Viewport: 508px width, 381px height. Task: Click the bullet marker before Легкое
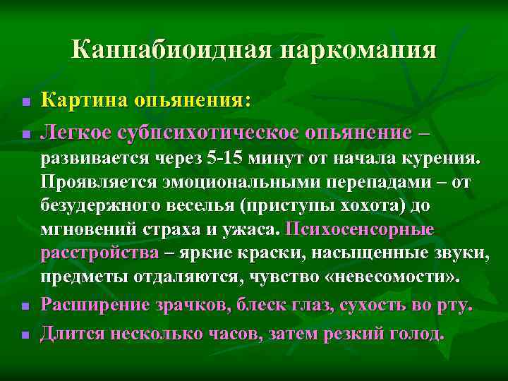[24, 133]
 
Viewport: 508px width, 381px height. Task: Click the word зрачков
[174, 305]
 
